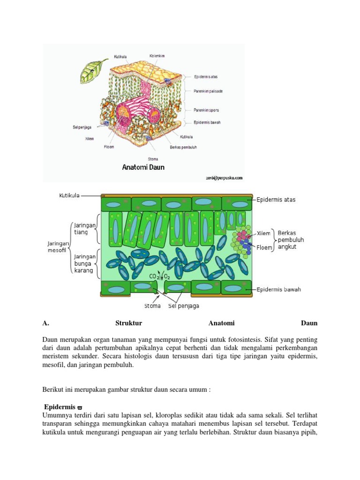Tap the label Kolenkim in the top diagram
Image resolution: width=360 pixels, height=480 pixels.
click(157, 56)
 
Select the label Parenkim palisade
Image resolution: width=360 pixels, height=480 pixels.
click(208, 91)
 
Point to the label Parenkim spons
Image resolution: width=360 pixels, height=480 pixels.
click(206, 110)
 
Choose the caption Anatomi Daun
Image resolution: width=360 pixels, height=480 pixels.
click(143, 167)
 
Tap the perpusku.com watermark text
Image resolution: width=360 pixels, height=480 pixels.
click(224, 178)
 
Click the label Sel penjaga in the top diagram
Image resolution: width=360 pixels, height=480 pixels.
click(82, 127)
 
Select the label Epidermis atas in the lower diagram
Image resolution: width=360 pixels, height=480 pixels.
click(276, 200)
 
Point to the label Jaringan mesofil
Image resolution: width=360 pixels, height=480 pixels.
click(59, 247)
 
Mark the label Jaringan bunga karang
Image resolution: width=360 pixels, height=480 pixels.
click(85, 263)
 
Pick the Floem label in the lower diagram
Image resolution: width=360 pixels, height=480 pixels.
click(264, 247)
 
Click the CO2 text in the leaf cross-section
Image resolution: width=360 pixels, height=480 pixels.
click(154, 277)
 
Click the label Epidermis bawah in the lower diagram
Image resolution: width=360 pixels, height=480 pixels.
click(278, 289)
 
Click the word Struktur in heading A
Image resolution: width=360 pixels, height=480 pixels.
click(128, 323)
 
